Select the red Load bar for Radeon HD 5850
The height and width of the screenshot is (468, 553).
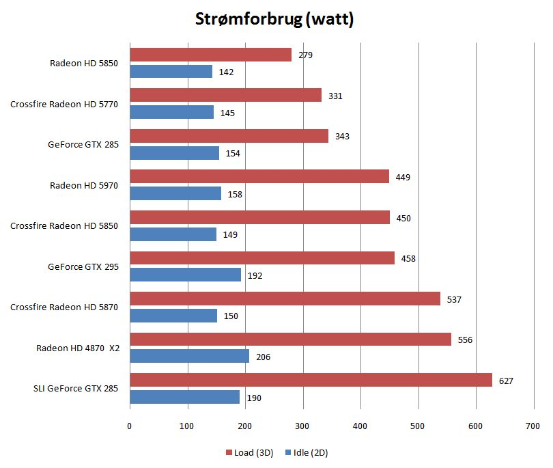210,55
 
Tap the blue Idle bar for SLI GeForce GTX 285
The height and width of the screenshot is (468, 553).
184,397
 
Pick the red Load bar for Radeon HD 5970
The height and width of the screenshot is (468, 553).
259,177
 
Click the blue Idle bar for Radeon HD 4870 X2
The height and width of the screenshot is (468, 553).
189,356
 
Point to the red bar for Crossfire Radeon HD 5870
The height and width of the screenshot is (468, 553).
285,299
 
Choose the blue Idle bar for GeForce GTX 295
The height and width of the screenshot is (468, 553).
185,275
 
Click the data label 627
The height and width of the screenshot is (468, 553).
505,381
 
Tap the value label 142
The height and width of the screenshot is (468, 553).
226,72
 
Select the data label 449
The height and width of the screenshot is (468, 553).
402,178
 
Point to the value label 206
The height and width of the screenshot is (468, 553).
263,357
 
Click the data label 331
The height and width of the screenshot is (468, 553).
335,96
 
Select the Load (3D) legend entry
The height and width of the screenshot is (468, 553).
249,452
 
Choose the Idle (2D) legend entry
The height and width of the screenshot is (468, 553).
308,452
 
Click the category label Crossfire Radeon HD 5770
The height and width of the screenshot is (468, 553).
64,105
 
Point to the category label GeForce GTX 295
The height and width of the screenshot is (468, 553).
83,267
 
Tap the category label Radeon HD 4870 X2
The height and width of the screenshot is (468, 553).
78,348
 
